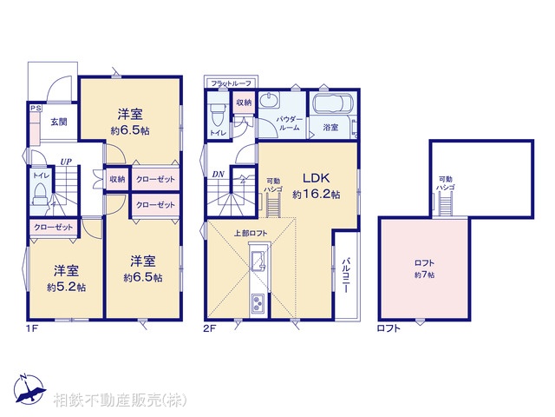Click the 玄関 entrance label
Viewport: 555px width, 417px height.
click(x=58, y=122)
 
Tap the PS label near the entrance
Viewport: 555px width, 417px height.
click(x=36, y=109)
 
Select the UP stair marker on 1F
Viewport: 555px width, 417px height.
click(x=65, y=161)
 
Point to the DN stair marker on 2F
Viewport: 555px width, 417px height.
click(x=217, y=174)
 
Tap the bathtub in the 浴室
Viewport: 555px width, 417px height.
click(x=330, y=108)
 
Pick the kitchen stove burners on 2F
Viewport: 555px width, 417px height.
click(x=259, y=303)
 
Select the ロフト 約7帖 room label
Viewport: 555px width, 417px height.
click(x=423, y=268)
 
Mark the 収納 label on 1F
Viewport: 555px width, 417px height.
click(x=118, y=179)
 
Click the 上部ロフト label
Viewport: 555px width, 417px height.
click(x=251, y=234)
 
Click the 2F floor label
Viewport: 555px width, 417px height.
click(x=211, y=329)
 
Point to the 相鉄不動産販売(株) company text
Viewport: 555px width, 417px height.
click(x=120, y=400)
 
